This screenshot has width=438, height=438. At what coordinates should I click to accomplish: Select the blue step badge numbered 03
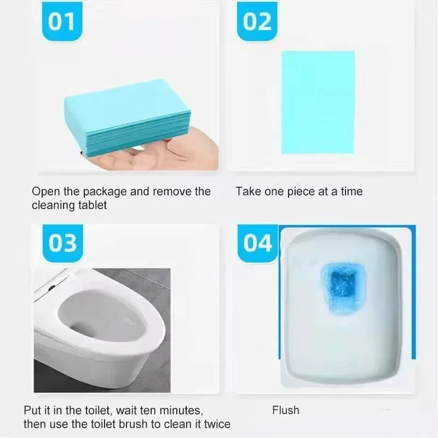tap(62, 243)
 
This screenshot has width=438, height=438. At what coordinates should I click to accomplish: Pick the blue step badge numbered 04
tap(257, 243)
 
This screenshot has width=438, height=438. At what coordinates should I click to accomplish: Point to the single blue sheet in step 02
tap(318, 102)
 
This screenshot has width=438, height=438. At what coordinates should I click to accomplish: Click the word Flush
tap(286, 410)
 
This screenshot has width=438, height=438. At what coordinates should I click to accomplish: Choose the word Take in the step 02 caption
tap(248, 192)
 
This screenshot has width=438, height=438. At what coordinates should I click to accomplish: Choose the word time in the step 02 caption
tap(350, 192)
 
